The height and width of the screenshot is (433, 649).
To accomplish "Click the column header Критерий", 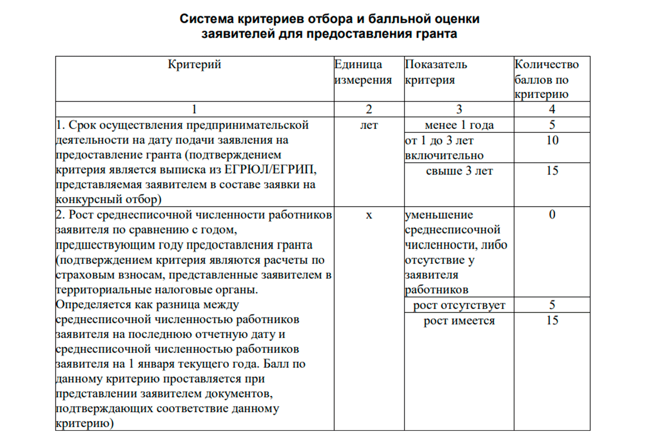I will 194,65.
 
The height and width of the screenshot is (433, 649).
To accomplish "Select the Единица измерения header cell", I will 363,72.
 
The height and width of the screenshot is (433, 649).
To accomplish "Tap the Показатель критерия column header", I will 436,72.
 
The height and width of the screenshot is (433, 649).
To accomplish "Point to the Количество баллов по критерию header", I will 546,79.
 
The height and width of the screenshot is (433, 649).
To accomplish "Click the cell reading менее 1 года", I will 459,125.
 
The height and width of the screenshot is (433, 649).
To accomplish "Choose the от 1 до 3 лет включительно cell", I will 444,148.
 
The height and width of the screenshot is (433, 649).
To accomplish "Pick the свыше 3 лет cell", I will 459,171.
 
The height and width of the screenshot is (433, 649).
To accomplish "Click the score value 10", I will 552,140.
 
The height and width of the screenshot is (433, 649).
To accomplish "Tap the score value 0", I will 552,215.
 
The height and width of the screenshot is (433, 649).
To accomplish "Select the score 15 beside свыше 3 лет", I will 552,171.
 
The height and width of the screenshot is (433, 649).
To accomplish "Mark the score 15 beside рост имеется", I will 552,320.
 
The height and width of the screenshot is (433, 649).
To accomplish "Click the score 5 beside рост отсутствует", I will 552,305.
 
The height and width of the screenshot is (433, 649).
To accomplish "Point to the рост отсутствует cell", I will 459,305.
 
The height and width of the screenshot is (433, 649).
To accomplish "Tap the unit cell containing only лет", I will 369,125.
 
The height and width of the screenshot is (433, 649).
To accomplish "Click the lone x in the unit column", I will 369,215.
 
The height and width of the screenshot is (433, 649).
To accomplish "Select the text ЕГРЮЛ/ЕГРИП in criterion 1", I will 270,170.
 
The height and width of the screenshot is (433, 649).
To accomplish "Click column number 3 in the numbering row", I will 459,109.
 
